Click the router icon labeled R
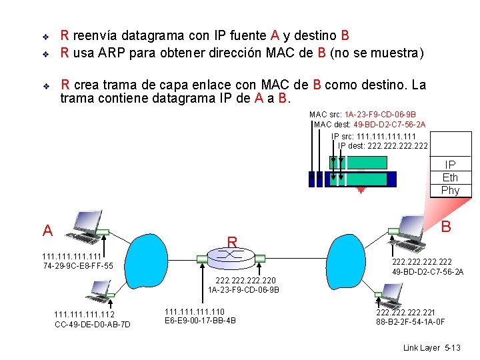(x=231, y=255)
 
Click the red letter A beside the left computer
(x=47, y=231)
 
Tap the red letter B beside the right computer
(x=447, y=227)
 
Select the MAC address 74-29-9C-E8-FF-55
(x=77, y=267)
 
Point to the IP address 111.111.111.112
(x=84, y=315)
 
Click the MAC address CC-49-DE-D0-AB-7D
(x=92, y=325)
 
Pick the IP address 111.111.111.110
(x=195, y=311)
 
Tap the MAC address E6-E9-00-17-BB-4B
(x=200, y=321)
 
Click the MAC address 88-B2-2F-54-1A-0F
(x=411, y=322)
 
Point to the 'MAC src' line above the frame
(x=363, y=114)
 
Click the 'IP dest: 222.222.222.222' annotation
(x=383, y=146)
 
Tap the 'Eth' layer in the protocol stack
(x=450, y=177)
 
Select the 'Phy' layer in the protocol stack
(x=450, y=190)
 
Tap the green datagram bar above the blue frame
(x=357, y=162)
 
